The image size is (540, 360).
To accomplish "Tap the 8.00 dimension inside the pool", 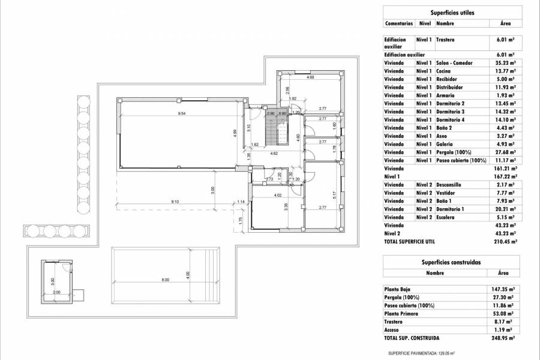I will (166, 280).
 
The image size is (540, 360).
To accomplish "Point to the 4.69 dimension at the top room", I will (310, 78).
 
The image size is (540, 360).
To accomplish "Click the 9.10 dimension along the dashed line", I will (175, 202).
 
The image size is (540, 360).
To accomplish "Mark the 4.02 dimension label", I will (277, 195).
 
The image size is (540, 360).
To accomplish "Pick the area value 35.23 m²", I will (505, 62).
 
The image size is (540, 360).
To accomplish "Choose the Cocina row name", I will (444, 71).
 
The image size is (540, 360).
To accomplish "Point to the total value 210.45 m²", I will (505, 241).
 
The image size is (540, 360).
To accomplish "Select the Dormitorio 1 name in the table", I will (453, 209).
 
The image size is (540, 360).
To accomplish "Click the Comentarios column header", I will (398, 23).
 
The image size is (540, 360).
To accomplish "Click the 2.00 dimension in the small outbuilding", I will (56, 292).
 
